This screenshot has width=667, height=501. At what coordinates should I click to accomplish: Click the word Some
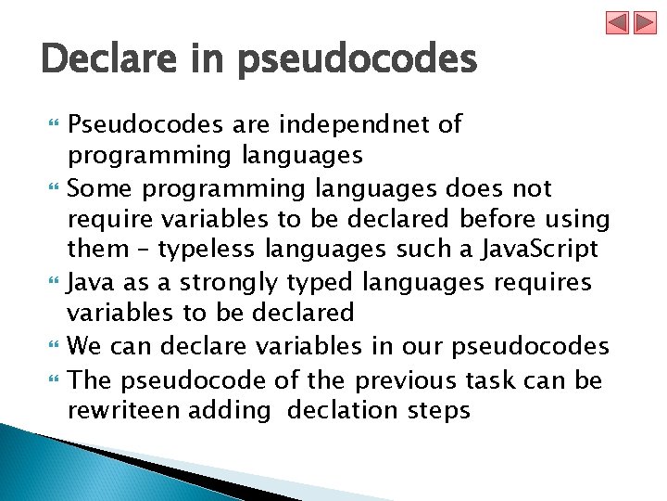[98, 189]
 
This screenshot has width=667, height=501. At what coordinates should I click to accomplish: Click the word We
[84, 348]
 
